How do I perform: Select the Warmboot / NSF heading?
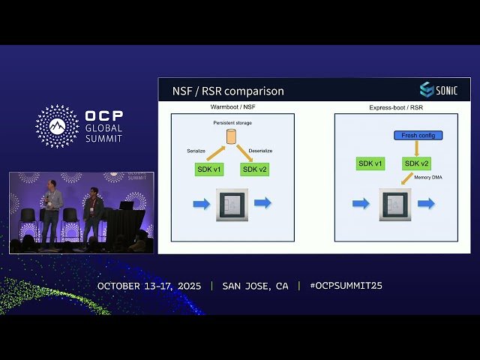232,107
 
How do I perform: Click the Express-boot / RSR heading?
395,107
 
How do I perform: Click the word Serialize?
196,151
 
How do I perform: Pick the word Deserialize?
261,151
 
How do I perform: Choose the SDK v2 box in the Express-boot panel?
417,163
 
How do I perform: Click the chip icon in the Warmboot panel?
232,204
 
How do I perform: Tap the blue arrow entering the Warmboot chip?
202,203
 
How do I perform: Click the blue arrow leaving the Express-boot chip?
426,203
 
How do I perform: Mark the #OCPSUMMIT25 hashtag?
346,286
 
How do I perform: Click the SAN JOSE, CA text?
255,286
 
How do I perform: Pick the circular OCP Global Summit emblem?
57,126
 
